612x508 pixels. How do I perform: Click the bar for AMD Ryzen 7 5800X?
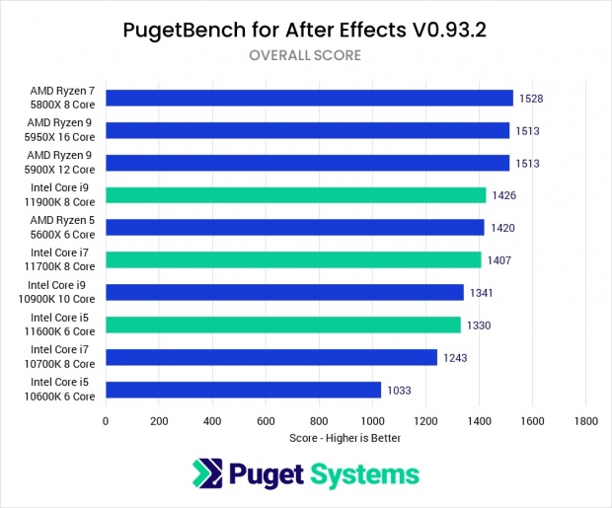pyautogui.click(x=309, y=98)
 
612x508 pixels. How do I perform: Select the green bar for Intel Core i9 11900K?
pyautogui.click(x=295, y=195)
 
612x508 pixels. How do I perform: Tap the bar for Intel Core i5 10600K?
pyautogui.click(x=243, y=390)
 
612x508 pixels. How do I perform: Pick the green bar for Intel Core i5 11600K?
pyautogui.click(x=282, y=325)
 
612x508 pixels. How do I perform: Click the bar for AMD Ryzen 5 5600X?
pyautogui.click(x=294, y=228)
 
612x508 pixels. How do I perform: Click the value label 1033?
pyautogui.click(x=400, y=390)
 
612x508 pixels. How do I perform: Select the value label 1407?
pyautogui.click(x=499, y=260)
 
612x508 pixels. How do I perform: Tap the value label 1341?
pyautogui.click(x=482, y=293)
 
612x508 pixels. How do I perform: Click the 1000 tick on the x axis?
pyautogui.click(x=372, y=419)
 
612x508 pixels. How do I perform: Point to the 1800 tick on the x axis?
pyautogui.click(x=585, y=419)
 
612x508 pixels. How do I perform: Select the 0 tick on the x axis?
pyautogui.click(x=106, y=419)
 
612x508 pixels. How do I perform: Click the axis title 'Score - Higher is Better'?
pyautogui.click(x=344, y=437)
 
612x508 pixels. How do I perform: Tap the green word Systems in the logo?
pyautogui.click(x=366, y=475)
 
